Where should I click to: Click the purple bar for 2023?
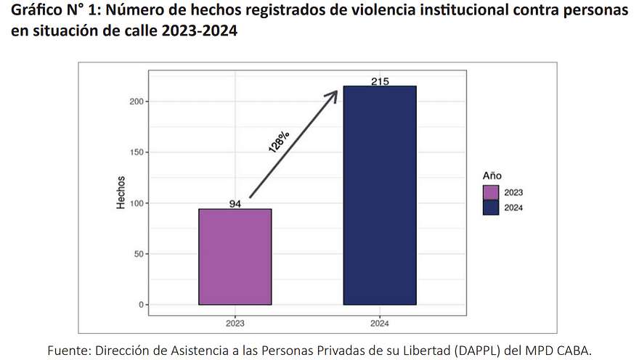[x=235, y=257]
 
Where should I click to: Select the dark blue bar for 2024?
[x=380, y=195]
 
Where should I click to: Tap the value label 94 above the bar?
[x=235, y=204]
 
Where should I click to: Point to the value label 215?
[x=380, y=81]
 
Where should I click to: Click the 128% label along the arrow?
[x=279, y=142]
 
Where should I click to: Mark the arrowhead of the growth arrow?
[x=333, y=94]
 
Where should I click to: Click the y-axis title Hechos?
[x=121, y=193]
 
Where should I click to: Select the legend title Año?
[x=492, y=176]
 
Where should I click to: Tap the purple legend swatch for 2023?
[x=492, y=192]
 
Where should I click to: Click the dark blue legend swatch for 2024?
[x=492, y=208]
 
